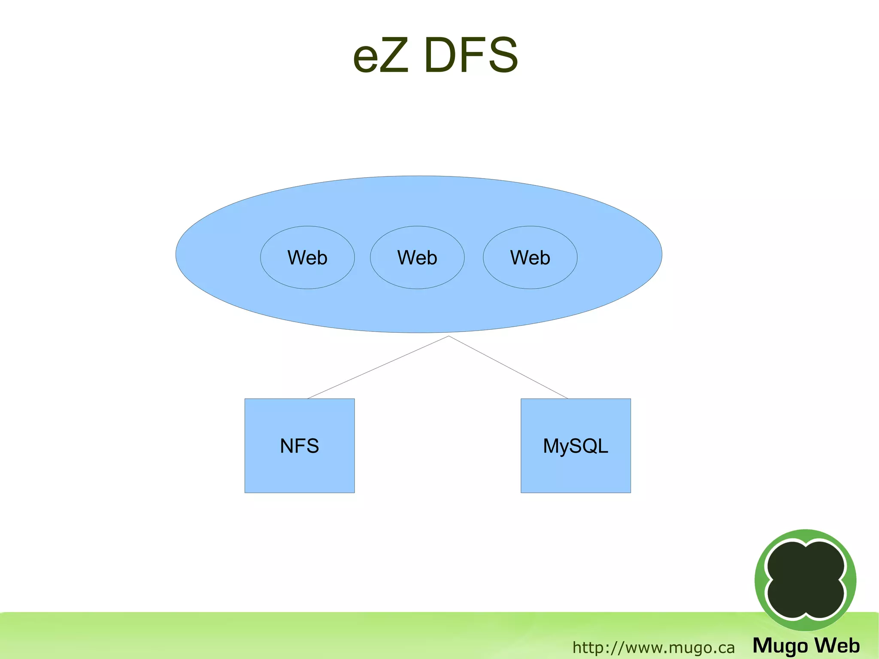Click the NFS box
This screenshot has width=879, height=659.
tap(299, 472)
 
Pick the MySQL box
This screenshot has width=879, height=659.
tap(576, 472)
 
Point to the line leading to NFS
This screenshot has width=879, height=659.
tap(378, 367)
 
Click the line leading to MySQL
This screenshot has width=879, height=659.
tap(508, 367)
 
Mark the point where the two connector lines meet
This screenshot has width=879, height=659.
tap(449, 336)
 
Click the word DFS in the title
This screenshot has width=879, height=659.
tap(471, 56)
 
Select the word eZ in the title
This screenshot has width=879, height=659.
tap(380, 56)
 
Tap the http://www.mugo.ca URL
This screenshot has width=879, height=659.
tap(653, 647)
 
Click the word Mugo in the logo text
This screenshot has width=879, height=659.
tap(780, 646)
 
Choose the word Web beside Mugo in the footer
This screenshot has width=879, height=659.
tap(837, 645)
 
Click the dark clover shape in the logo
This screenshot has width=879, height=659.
tap(805, 580)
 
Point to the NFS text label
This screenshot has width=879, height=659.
tap(299, 446)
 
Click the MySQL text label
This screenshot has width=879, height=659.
tap(576, 446)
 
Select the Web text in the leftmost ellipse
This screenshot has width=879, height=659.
tap(307, 258)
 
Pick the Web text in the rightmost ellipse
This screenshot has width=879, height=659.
tap(530, 258)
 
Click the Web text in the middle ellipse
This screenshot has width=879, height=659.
tap(417, 258)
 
